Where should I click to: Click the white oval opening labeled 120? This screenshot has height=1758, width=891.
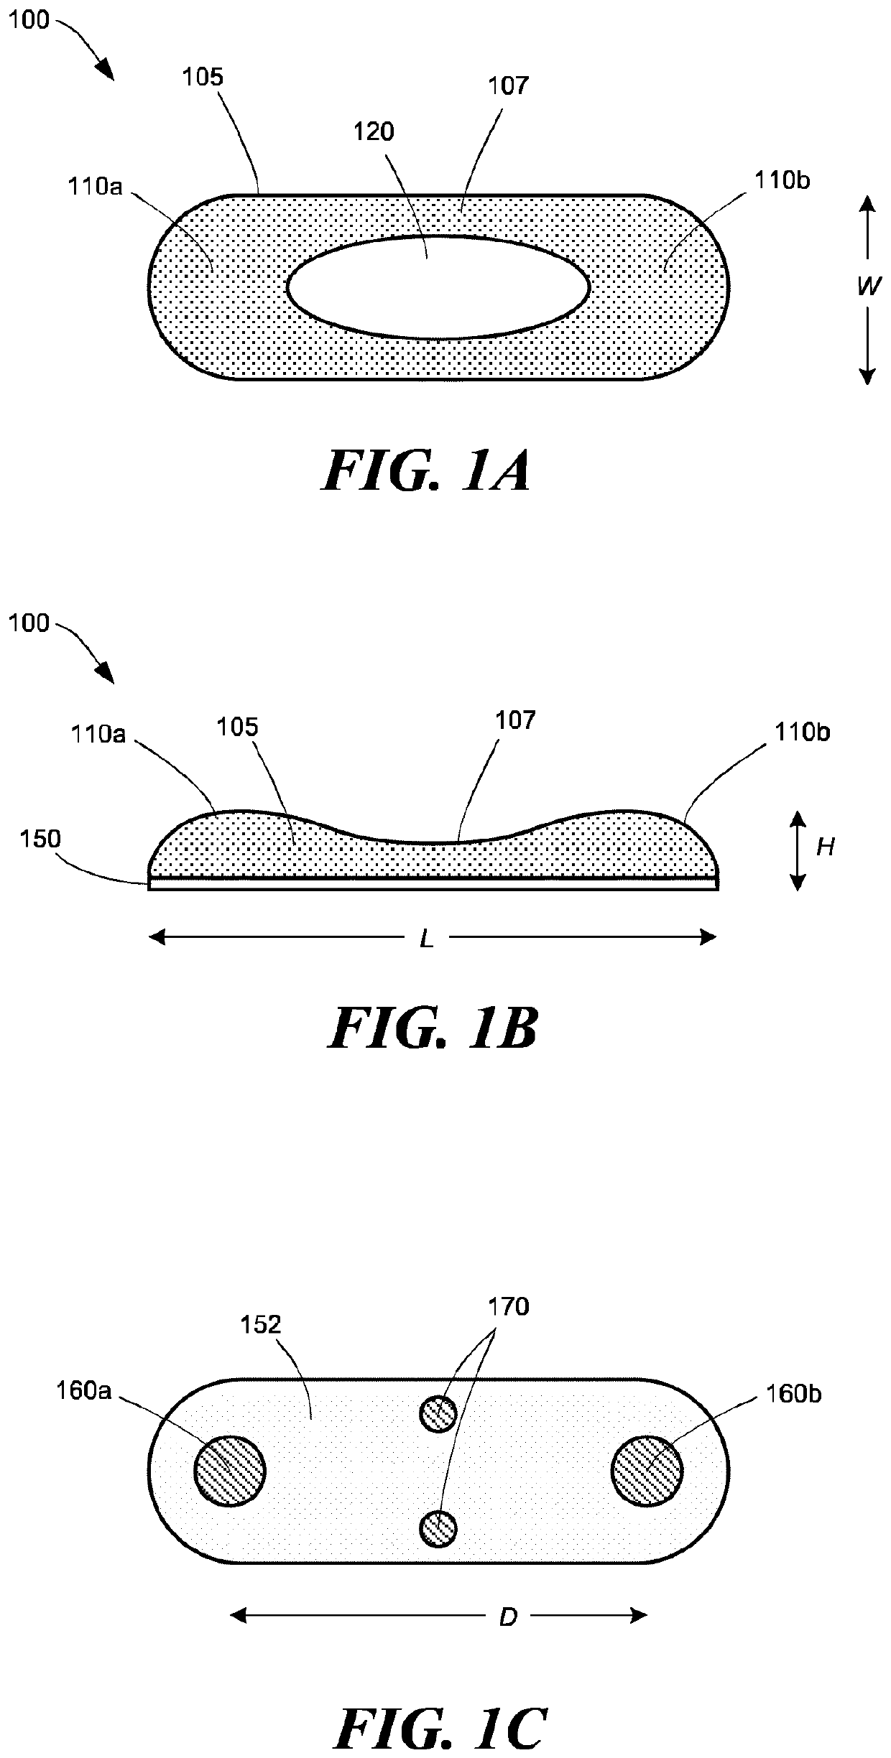click(438, 287)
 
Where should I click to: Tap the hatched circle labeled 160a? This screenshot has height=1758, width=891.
click(230, 1471)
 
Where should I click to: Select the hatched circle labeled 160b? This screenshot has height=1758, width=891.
click(647, 1471)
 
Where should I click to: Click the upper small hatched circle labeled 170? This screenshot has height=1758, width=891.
click(438, 1414)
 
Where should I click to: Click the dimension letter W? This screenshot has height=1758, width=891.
click(869, 287)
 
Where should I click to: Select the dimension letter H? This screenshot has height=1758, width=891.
click(826, 847)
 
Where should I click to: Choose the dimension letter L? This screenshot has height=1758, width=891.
click(428, 938)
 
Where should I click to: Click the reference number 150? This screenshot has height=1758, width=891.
click(40, 839)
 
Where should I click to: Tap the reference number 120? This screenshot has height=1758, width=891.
click(374, 131)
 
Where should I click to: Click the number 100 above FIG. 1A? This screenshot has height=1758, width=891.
click(29, 20)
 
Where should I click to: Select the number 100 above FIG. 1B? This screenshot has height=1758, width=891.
click(29, 623)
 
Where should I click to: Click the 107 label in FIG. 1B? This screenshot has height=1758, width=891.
click(516, 720)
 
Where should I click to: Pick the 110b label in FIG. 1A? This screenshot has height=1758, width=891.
click(782, 180)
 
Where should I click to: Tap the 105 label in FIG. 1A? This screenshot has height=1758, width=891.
click(203, 77)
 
